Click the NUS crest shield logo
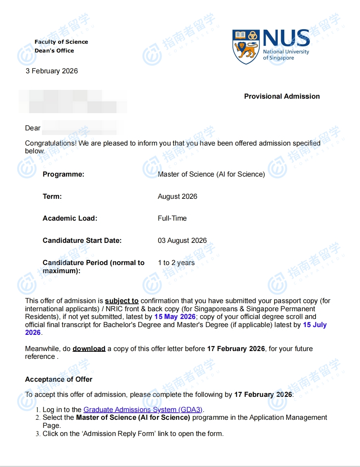(x=246, y=47)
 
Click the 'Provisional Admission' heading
(x=282, y=96)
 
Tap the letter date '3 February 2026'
(x=52, y=71)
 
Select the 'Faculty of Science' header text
(x=61, y=42)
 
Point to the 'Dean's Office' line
(x=54, y=50)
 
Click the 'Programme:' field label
(x=63, y=174)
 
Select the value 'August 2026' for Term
(x=177, y=196)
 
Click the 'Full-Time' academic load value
(x=172, y=218)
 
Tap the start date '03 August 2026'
(x=182, y=240)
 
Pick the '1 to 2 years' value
(x=176, y=263)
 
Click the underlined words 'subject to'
(x=122, y=301)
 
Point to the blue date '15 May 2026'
(x=175, y=317)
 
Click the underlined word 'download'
(x=89, y=349)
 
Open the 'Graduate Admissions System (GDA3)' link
(x=143, y=410)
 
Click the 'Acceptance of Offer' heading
(x=58, y=379)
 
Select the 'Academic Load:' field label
(x=70, y=218)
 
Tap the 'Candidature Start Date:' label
(x=82, y=240)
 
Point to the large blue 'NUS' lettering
(x=286, y=38)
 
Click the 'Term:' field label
(x=52, y=196)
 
